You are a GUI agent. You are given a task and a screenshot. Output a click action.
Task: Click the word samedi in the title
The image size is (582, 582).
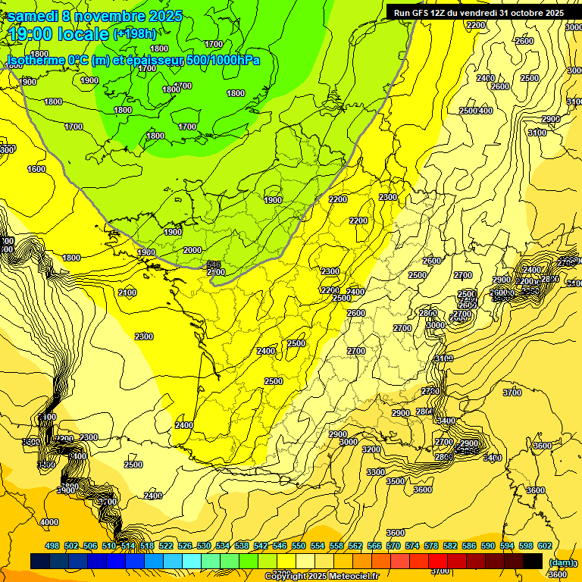pos(33,16)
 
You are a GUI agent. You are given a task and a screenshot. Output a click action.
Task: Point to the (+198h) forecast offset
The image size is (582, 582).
pos(135,33)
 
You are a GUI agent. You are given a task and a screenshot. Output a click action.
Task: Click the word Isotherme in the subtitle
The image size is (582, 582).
pos(36,60)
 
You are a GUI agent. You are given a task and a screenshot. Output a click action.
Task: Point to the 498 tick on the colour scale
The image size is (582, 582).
pos(52,546)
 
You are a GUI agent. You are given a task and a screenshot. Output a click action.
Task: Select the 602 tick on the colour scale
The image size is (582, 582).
pos(545,546)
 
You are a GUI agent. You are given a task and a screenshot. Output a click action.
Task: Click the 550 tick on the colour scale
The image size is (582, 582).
pos(299,546)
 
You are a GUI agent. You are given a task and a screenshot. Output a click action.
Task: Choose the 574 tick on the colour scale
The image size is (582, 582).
pos(412,546)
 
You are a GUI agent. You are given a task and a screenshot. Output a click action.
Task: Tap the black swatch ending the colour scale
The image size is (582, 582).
pos(533,561)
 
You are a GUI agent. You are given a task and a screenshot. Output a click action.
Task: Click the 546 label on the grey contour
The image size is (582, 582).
pos(214,264)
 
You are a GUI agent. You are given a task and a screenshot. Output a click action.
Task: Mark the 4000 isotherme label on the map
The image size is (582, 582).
pos(49,522)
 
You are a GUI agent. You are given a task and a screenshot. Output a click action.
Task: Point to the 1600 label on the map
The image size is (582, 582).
pos(36,169)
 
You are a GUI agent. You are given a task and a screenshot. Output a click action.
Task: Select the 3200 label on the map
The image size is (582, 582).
pos(371,449)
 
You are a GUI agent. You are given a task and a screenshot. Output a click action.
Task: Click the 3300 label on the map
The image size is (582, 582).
pos(375,472)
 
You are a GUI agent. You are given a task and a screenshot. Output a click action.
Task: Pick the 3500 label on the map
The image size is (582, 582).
pos(396,481)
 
